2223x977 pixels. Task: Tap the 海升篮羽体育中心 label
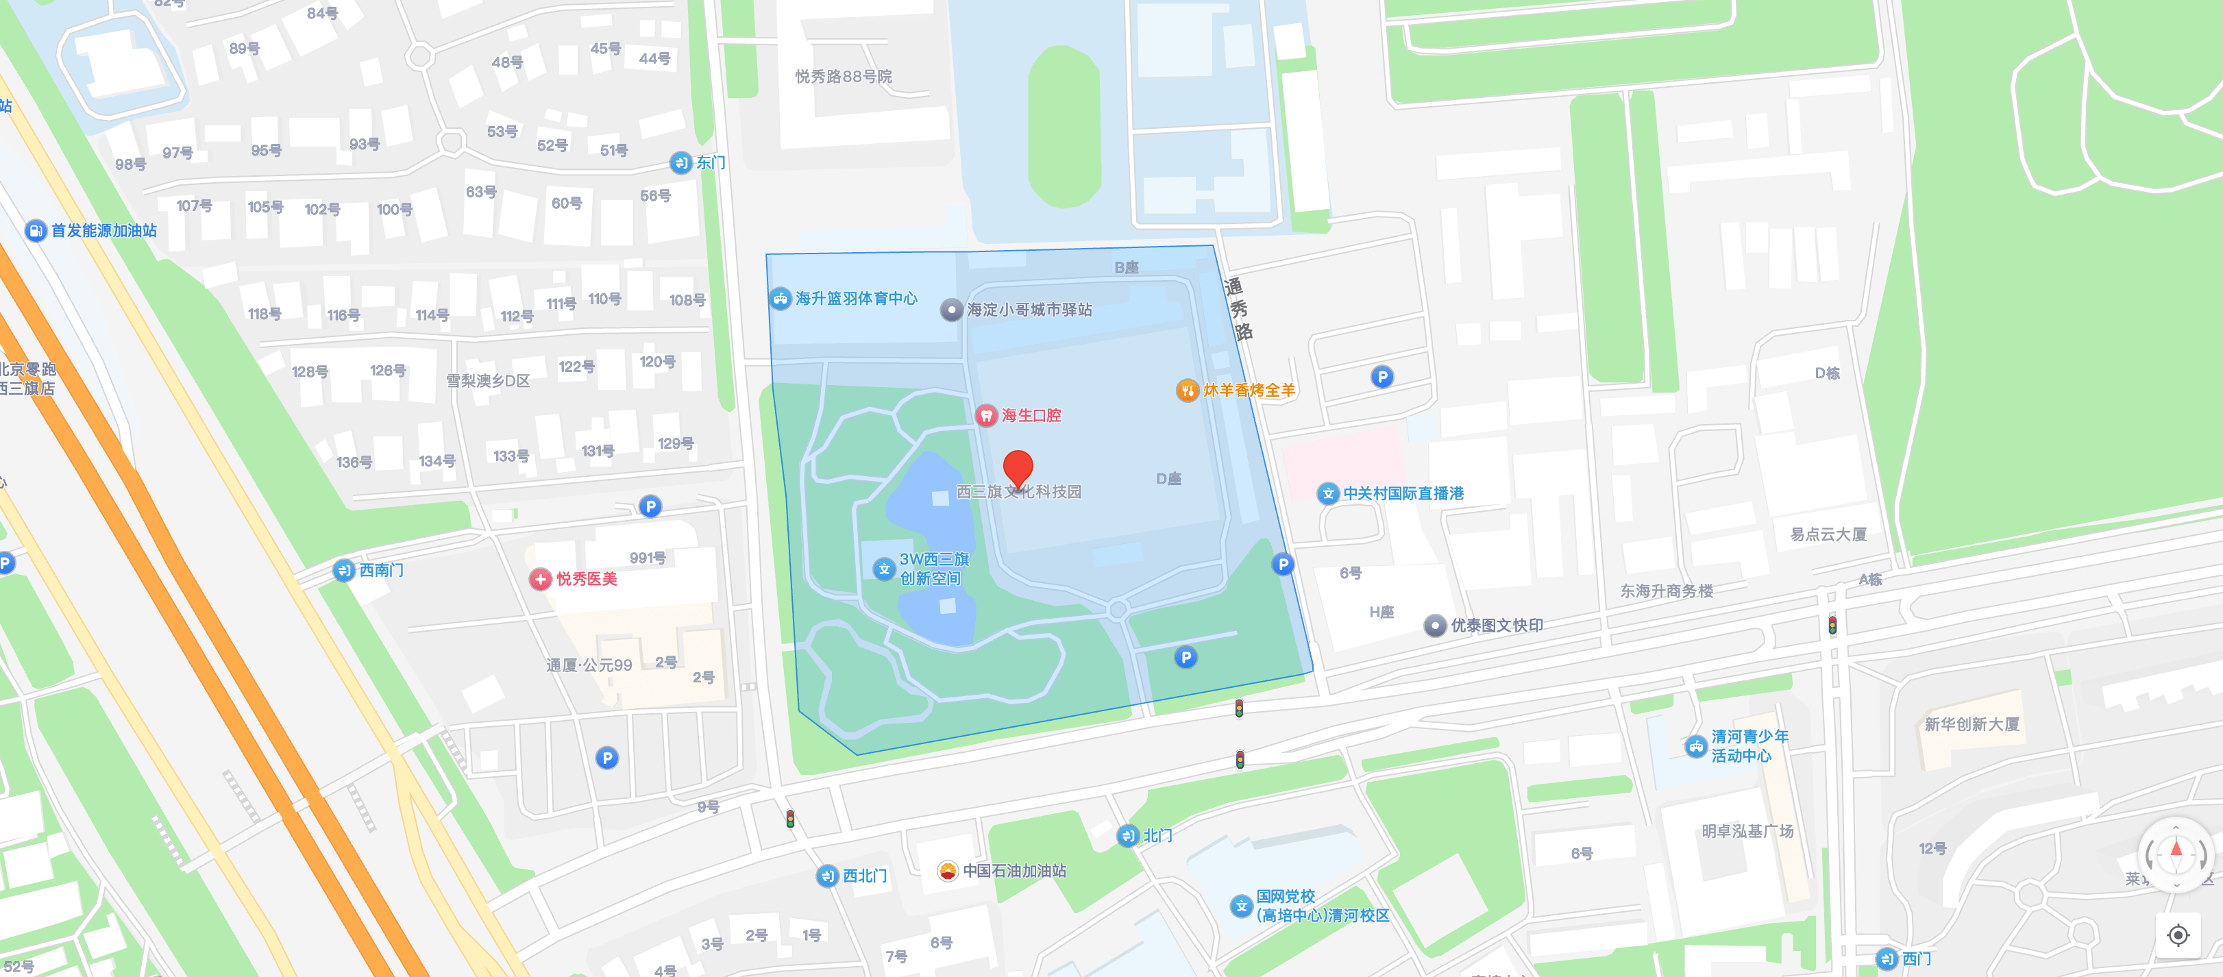click(855, 299)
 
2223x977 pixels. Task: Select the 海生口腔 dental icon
click(985, 416)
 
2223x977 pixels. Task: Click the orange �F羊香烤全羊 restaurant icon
click(1188, 390)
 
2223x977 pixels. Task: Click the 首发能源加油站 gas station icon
click(36, 230)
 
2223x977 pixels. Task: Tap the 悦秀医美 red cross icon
click(540, 579)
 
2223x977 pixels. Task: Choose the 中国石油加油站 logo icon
click(948, 871)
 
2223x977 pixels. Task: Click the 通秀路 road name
click(1238, 309)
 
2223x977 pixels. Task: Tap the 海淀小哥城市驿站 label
click(1029, 310)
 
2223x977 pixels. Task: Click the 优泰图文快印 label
click(1497, 626)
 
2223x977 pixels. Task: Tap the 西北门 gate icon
click(826, 876)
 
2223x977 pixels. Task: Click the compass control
click(2176, 854)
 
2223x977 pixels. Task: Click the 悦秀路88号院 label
click(843, 77)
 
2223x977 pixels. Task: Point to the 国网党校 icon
click(1241, 905)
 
